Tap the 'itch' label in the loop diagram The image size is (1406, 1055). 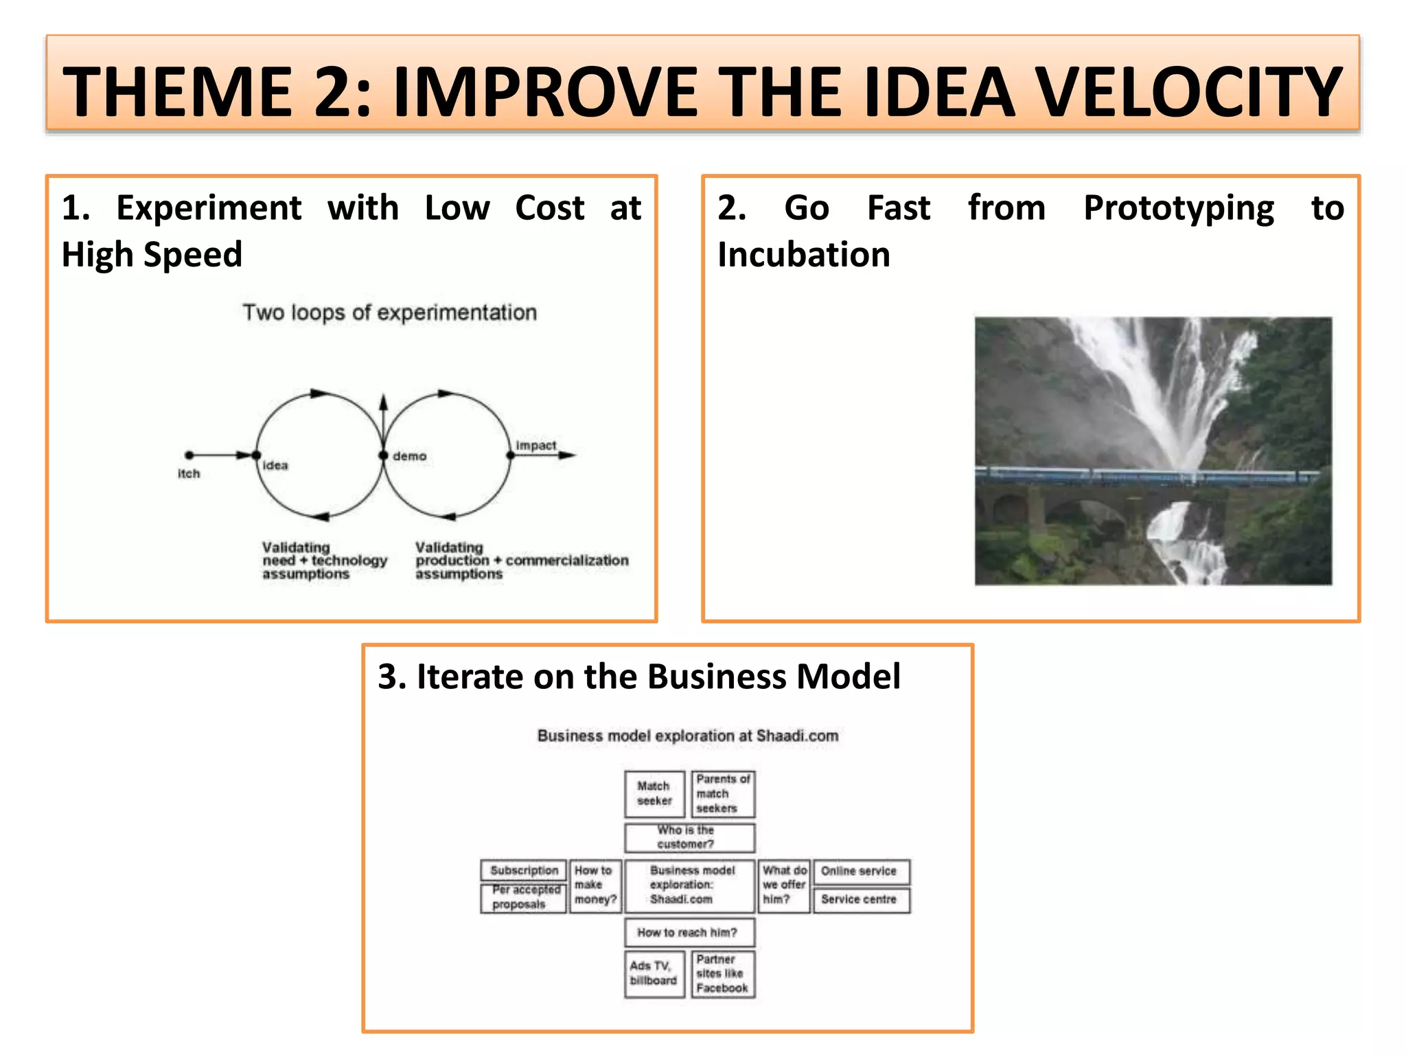pos(189,474)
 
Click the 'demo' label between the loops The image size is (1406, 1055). pos(410,456)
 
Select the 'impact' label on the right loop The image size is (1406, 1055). pos(536,445)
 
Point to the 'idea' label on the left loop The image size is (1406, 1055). pos(275,466)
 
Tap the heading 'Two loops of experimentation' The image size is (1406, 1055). pos(389,313)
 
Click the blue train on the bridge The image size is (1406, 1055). pos(1146,475)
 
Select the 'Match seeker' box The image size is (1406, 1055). pos(654,793)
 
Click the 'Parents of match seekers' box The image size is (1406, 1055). pos(723,793)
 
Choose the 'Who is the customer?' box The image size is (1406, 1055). pos(689,837)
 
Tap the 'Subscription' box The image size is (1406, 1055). pos(524,870)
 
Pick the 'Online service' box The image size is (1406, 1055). pos(861,871)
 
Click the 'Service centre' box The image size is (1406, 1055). pos(861,900)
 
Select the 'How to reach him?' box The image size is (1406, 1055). pos(689,932)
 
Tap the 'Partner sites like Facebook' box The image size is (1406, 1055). pos(723,973)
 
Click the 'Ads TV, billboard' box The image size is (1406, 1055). pos(654,973)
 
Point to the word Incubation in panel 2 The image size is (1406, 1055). pos(804,255)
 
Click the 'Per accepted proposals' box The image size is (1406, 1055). pos(524,898)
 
